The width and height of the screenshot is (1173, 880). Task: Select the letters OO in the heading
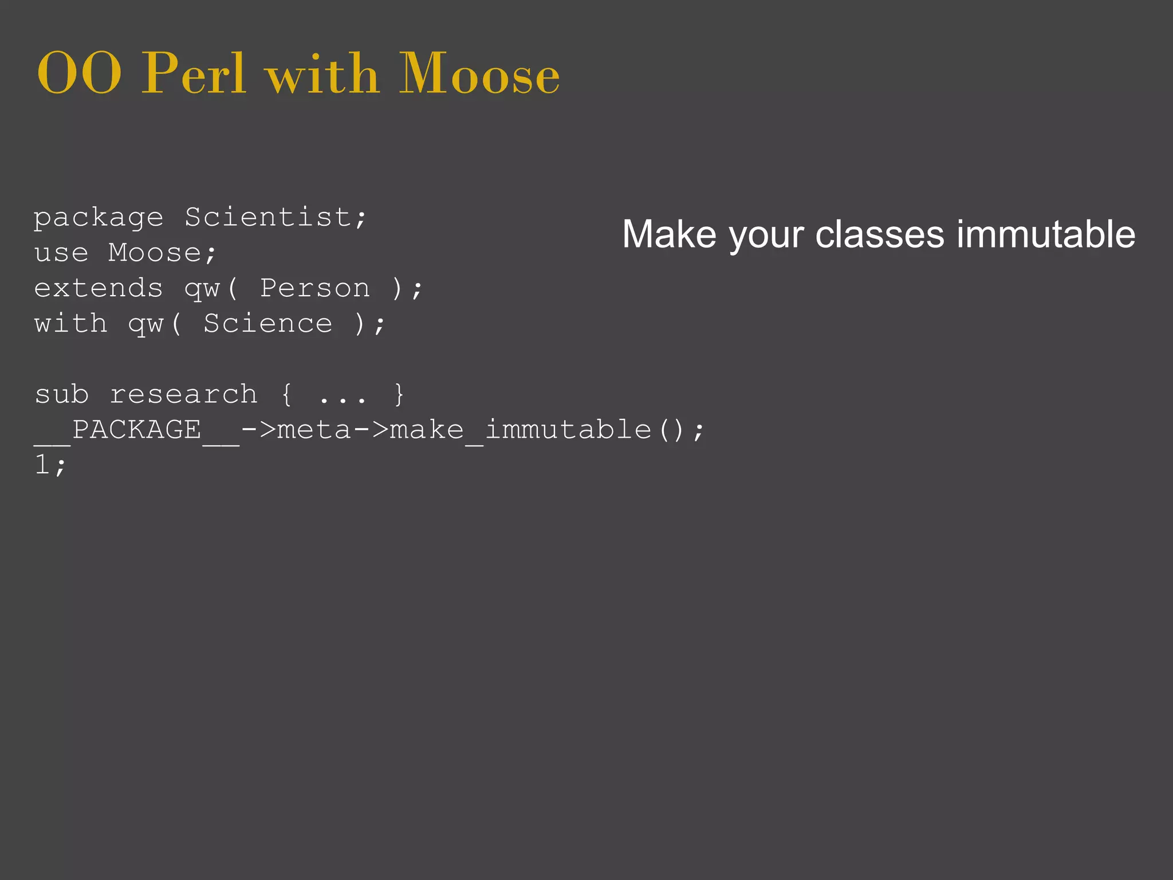(x=79, y=74)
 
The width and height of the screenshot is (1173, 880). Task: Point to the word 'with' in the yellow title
(x=322, y=74)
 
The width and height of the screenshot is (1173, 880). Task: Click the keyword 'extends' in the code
(x=99, y=288)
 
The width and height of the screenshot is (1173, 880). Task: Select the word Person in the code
(x=315, y=288)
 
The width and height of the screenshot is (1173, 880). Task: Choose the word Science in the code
(x=268, y=324)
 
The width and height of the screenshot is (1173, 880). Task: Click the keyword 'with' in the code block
(x=70, y=324)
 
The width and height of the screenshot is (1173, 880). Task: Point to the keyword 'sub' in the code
(x=62, y=395)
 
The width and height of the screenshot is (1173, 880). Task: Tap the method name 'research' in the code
(x=183, y=395)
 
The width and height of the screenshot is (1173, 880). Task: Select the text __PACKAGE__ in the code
(x=136, y=431)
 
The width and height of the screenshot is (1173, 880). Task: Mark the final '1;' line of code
(x=50, y=465)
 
